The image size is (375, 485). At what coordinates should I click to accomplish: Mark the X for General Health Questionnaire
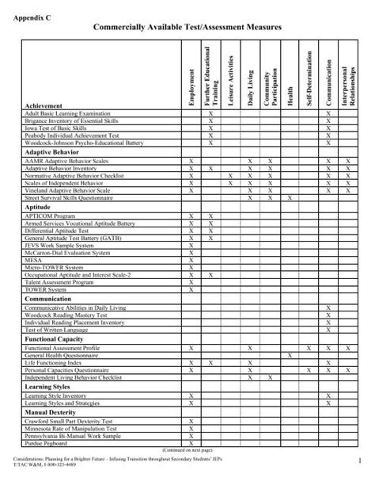290,355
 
